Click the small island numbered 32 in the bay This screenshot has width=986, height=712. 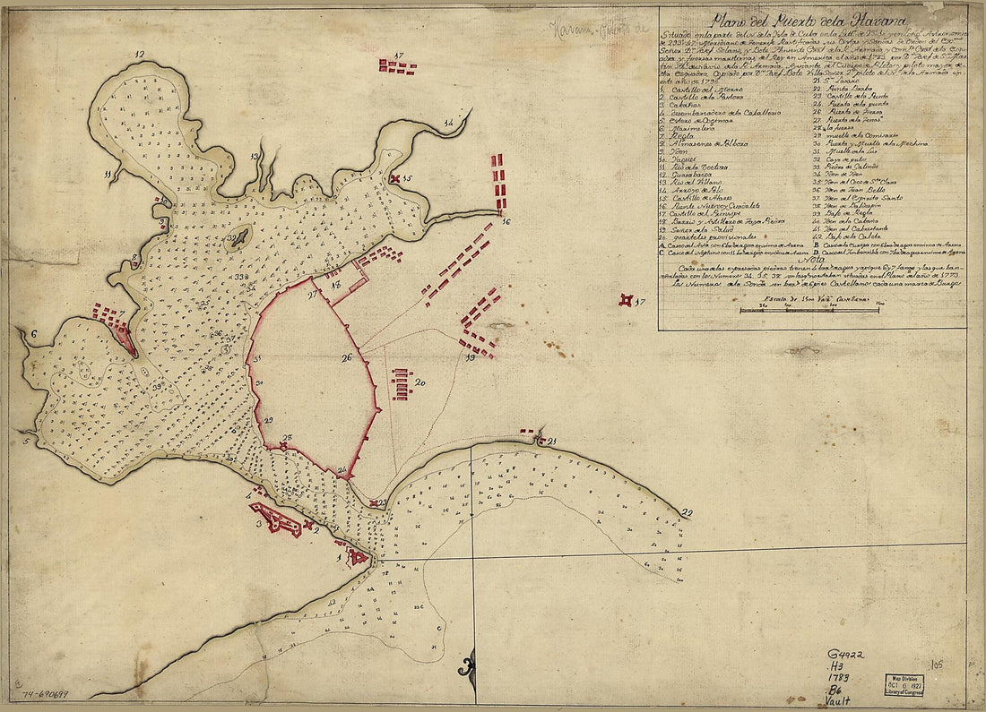pyautogui.click(x=238, y=236)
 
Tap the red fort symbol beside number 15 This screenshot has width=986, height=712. pyautogui.click(x=394, y=180)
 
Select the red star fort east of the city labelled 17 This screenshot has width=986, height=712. pyautogui.click(x=627, y=301)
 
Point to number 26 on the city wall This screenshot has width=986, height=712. pyautogui.click(x=347, y=357)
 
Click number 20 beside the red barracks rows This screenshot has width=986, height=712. pyautogui.click(x=419, y=382)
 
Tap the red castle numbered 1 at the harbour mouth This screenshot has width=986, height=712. pyautogui.click(x=358, y=557)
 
